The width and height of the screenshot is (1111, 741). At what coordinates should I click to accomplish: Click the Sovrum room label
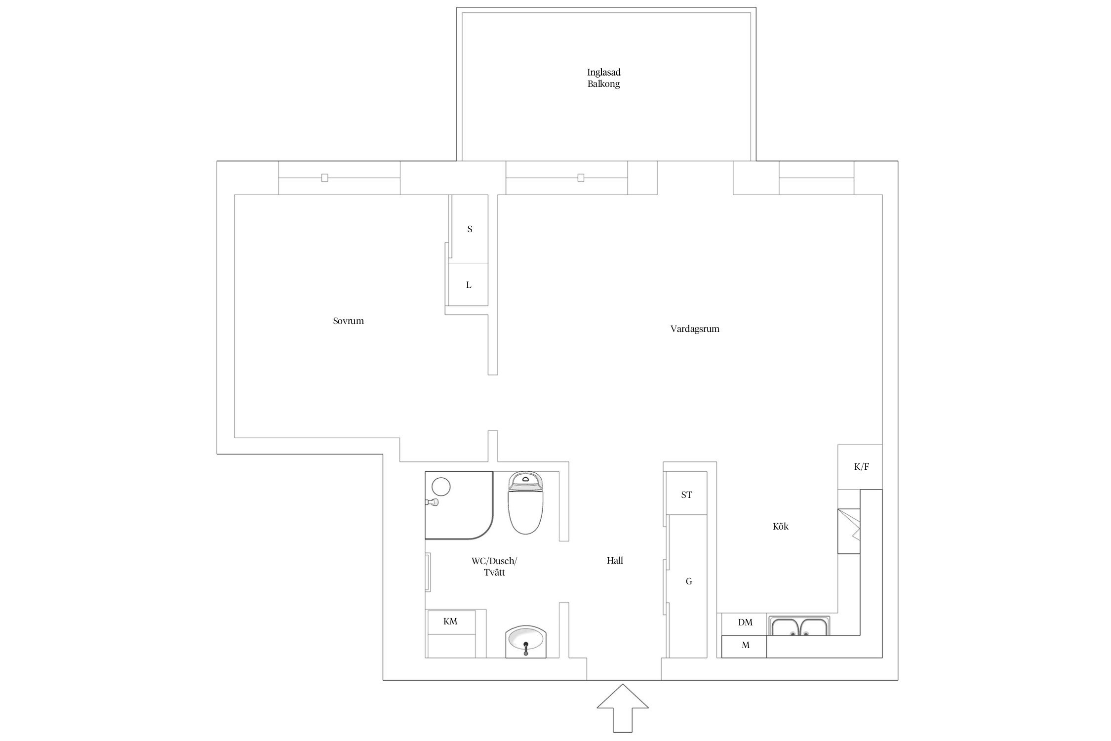click(x=348, y=321)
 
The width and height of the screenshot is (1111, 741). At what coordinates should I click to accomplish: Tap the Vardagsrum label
click(x=695, y=329)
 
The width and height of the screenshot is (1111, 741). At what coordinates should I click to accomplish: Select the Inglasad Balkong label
click(x=604, y=78)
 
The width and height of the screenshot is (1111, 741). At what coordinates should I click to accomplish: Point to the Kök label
click(x=780, y=527)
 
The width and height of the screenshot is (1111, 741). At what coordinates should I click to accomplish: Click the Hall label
click(x=615, y=561)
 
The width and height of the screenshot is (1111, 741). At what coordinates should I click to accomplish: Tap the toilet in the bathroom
click(x=525, y=502)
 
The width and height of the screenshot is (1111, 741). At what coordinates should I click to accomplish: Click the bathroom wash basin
click(x=526, y=642)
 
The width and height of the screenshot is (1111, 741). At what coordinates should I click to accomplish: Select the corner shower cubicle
click(x=459, y=505)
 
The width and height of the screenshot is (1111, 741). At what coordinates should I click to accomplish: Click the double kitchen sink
click(x=798, y=626)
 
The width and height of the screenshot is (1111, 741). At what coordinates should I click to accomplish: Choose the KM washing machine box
click(x=451, y=634)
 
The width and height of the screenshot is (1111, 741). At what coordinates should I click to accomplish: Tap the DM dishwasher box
click(x=745, y=624)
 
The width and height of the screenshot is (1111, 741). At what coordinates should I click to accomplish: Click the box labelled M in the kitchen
click(x=745, y=647)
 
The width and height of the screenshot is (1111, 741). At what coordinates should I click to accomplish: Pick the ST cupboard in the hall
click(x=686, y=494)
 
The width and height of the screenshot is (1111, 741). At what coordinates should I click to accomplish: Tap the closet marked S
click(x=469, y=229)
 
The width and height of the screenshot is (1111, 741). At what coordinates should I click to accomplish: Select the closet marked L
click(x=468, y=285)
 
